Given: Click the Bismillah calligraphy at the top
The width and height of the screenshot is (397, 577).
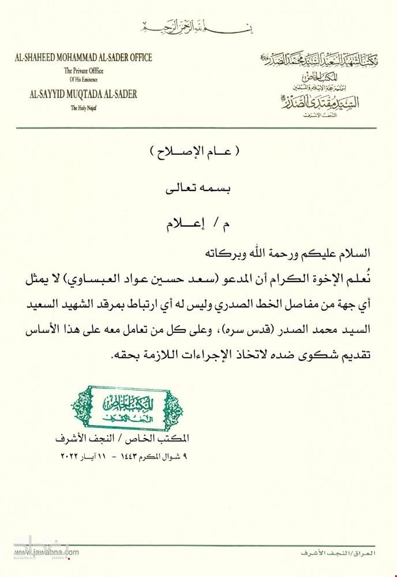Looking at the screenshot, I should (198, 27).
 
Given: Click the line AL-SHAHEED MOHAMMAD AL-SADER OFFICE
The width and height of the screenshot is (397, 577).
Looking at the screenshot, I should (84, 58).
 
